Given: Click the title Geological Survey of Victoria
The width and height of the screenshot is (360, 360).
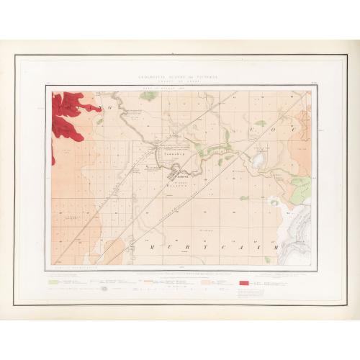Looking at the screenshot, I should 180,74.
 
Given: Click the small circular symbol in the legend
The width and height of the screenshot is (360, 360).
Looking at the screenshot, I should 104,289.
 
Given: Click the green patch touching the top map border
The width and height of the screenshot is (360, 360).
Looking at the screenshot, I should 148,95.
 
